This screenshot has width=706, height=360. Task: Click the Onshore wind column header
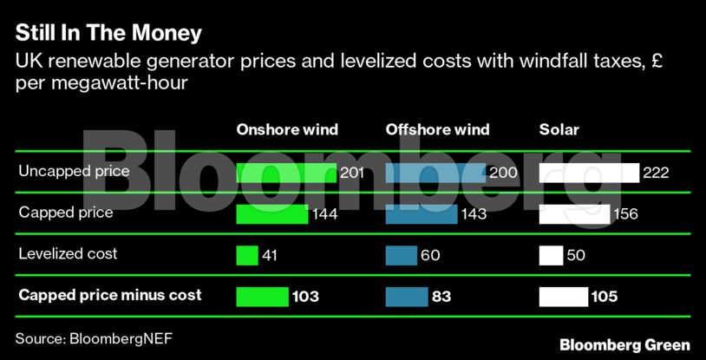287,130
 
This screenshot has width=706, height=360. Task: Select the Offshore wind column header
437,130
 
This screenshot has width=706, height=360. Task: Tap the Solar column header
559,130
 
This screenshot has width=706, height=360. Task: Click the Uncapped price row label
74,172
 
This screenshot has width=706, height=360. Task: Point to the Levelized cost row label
68,254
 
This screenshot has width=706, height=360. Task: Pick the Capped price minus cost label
109,295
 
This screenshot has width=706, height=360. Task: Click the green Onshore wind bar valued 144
272,213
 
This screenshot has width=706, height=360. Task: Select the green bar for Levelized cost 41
247,255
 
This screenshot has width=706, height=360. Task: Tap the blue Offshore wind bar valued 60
401,255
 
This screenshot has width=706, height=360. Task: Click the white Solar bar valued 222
589,173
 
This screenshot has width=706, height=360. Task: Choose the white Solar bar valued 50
551,255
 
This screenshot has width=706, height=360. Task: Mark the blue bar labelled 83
406,297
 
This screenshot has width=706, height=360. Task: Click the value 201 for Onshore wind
351,173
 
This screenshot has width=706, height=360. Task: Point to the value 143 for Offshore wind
474,214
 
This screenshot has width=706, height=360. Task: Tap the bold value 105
604,297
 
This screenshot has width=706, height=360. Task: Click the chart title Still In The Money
108,34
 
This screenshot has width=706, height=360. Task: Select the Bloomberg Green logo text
624,344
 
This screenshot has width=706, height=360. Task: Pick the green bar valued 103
263,297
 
